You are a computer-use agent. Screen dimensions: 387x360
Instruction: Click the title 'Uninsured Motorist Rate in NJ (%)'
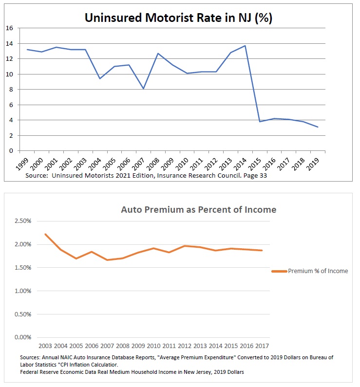178,18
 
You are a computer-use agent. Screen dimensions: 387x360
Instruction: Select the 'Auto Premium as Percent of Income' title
198,210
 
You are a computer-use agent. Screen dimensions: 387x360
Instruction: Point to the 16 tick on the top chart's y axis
9,28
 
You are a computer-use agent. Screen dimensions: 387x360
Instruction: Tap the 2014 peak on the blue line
245,46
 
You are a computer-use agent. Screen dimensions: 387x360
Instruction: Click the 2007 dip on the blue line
144,89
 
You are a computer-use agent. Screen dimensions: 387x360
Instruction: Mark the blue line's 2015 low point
261,122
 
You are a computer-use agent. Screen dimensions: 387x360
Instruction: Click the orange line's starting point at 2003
45,234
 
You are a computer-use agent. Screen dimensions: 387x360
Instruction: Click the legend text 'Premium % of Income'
318,271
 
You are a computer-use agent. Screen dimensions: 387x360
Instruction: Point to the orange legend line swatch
279,271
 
